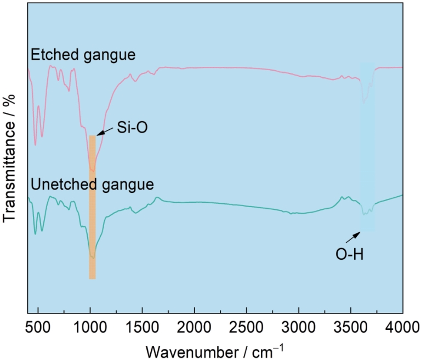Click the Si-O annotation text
[x=132, y=128]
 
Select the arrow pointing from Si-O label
[x=105, y=132]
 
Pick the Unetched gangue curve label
[x=92, y=184]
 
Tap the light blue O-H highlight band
[x=367, y=148]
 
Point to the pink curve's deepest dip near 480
[x=35, y=145]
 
